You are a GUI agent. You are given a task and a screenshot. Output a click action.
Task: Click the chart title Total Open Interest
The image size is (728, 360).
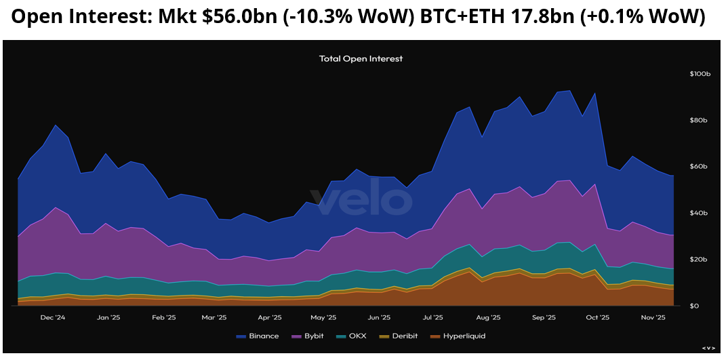tap(361, 59)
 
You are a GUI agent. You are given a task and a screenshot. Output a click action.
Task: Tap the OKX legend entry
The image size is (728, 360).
tap(353, 336)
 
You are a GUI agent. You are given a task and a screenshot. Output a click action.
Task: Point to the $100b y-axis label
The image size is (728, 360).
tap(700, 73)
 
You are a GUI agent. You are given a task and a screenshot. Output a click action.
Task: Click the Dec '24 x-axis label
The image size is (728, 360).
tap(52, 317)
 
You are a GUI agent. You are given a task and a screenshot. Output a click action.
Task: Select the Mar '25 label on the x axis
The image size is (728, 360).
tap(214, 317)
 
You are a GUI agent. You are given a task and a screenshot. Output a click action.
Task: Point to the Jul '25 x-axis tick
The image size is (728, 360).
tap(432, 317)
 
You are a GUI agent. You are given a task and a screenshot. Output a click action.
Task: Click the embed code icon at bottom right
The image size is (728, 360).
tap(708, 348)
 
